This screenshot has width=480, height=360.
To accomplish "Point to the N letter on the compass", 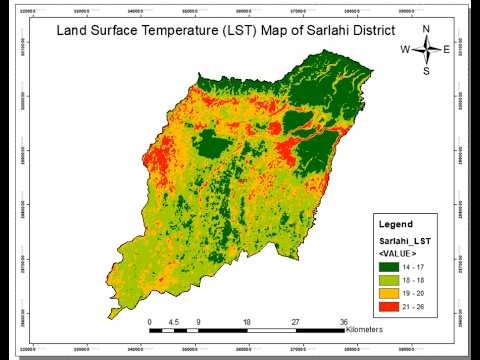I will [426, 29].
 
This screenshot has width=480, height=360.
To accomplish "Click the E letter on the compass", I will [446, 49].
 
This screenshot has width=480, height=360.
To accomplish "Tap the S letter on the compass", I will [426, 71].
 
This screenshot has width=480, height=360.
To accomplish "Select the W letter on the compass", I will [405, 49].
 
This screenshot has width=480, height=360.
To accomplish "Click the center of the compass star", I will [426, 49].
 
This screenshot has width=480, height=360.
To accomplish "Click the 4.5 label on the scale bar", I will [174, 322].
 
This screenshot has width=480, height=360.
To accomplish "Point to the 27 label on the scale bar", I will [295, 322].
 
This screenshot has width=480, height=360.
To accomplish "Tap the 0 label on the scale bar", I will [149, 322].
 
